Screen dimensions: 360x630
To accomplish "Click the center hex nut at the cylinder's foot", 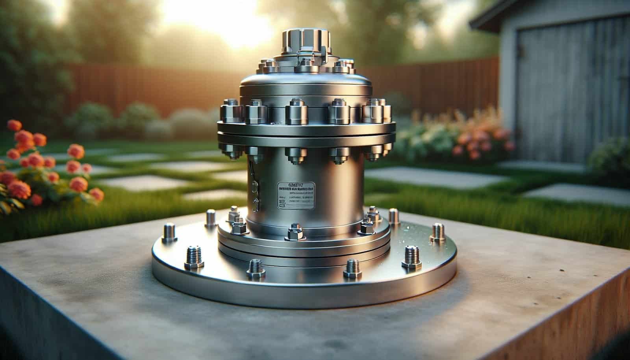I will click(294, 233).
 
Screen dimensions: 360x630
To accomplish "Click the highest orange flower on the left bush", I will click(14, 125).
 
